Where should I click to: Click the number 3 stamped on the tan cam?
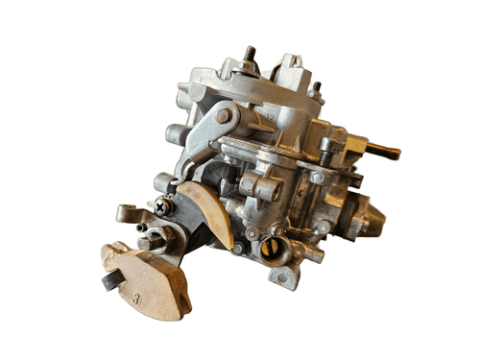pos(136,299)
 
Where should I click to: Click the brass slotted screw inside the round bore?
pos(272,249)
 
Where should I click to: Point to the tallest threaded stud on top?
pos(248,55)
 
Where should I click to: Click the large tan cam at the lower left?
pos(144,278)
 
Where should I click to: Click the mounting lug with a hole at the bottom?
pos(285,277)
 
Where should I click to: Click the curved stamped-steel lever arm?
pos(206,134)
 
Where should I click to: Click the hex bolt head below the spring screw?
pos(317,178)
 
